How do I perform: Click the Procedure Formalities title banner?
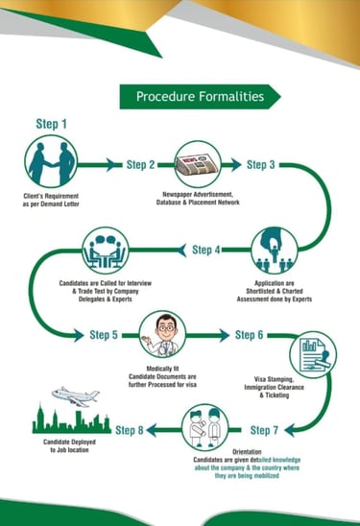200,97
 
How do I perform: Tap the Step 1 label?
51,124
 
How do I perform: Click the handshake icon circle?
51,161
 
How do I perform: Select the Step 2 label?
141,165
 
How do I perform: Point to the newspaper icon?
198,164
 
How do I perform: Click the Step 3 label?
261,165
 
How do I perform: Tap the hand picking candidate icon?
275,250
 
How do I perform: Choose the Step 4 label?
206,250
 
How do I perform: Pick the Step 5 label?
104,335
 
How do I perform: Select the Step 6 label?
249,335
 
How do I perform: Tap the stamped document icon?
313,355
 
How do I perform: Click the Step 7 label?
264,430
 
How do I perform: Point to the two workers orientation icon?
205,428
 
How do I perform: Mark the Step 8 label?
130,430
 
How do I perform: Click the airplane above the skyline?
76,396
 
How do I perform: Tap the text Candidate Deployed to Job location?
69,446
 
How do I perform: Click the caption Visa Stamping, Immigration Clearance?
275,383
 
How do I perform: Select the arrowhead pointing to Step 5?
79,335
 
